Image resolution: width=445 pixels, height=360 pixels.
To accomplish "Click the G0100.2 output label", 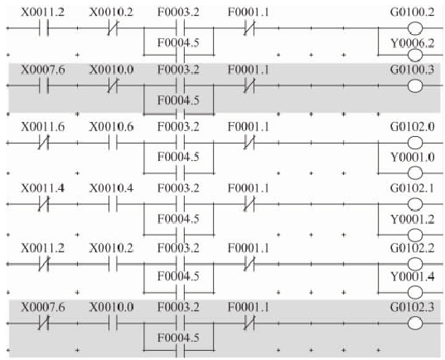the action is click(x=412, y=12).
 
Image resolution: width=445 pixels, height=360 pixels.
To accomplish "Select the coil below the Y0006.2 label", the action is click(x=415, y=55).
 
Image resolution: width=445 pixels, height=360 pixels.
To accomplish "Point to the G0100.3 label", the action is click(x=412, y=70).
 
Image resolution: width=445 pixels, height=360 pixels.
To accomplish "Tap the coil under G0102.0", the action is click(x=415, y=143).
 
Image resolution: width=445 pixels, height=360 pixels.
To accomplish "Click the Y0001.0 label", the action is click(x=413, y=157).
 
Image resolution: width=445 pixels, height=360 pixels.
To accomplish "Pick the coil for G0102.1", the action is click(x=415, y=204).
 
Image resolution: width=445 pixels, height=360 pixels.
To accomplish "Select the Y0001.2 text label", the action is click(x=413, y=219).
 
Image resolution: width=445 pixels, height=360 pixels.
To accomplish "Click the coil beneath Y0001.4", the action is click(x=415, y=292).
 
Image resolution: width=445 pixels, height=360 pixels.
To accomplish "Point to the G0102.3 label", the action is click(x=412, y=307).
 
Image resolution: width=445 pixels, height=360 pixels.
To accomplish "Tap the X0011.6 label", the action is click(x=43, y=127).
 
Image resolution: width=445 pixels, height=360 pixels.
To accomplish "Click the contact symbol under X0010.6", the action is click(x=113, y=143).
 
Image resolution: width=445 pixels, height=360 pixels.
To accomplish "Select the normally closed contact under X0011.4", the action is click(x=43, y=204).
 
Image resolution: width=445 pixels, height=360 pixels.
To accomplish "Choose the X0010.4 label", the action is click(x=111, y=188).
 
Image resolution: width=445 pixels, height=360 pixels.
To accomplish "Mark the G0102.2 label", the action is click(x=412, y=248).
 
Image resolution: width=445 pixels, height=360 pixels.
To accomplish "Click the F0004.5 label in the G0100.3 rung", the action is click(x=178, y=100).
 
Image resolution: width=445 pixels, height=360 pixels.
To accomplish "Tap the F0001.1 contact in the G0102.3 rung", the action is click(x=249, y=324).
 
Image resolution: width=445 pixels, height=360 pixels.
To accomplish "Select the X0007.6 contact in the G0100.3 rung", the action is click(x=44, y=85).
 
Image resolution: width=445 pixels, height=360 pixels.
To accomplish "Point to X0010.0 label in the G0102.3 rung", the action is click(x=111, y=307).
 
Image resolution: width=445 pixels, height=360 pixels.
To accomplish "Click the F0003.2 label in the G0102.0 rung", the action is click(x=178, y=127).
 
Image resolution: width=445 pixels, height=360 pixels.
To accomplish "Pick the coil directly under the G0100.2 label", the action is click(x=415, y=28).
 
